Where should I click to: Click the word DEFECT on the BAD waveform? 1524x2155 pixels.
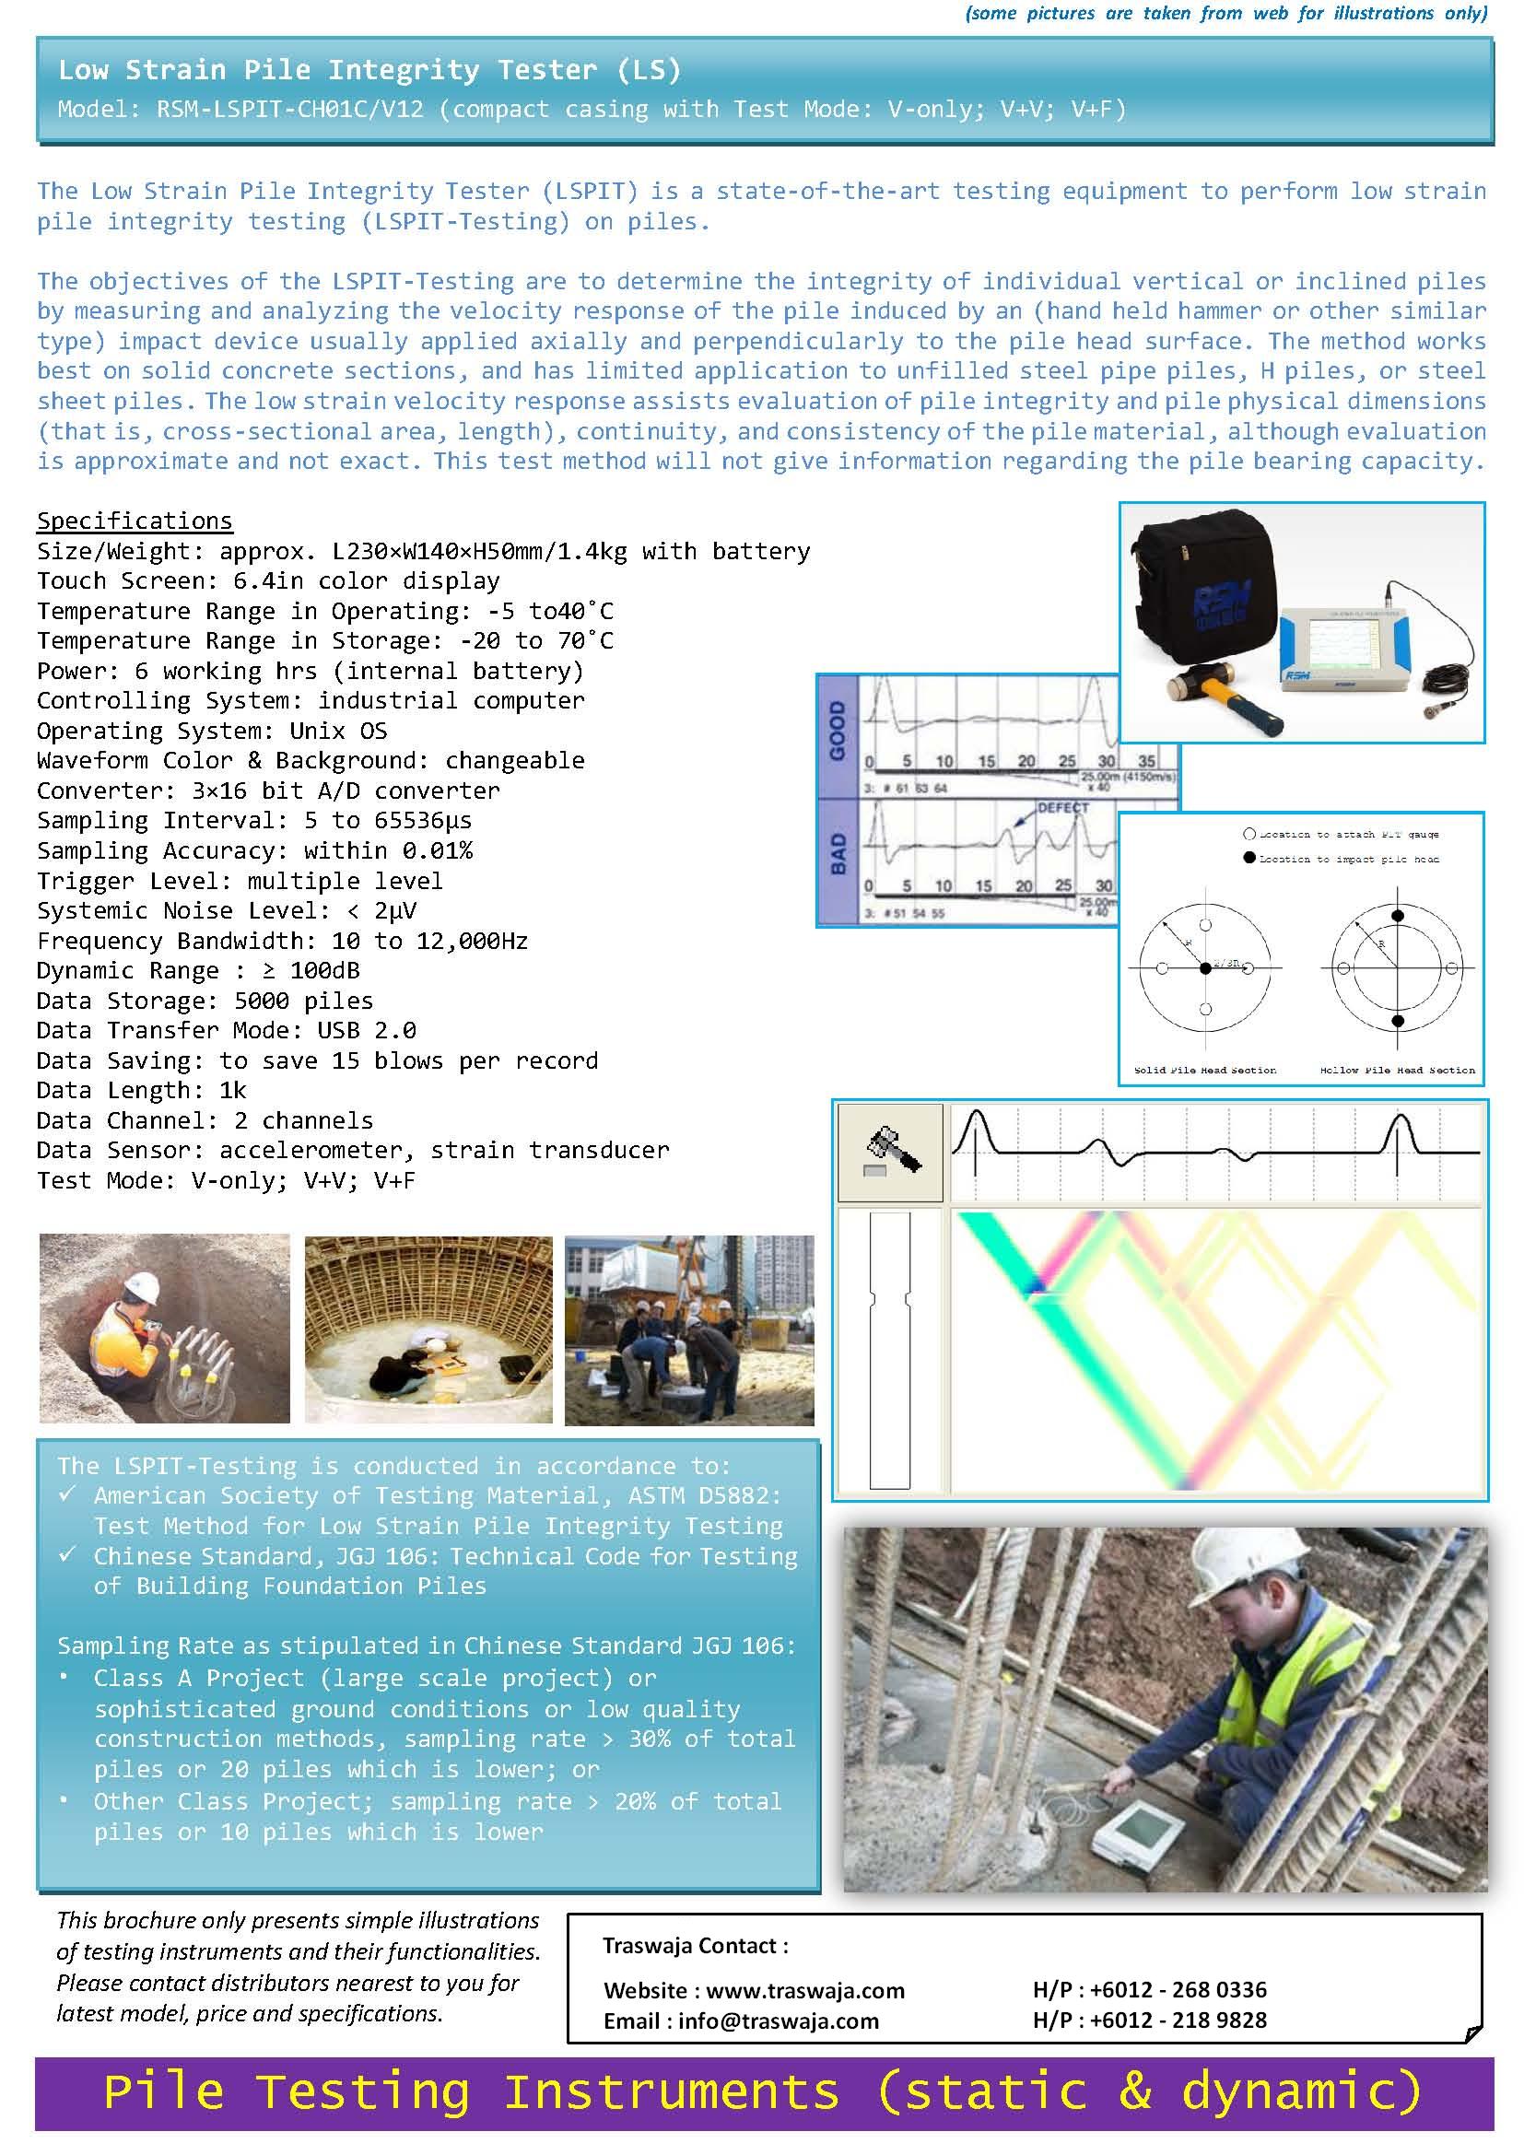pos(1062,807)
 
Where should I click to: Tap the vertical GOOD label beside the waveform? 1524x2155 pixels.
pos(837,732)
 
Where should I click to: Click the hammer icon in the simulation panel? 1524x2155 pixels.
pos(891,1152)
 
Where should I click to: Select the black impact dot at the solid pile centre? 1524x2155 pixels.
pos(1205,967)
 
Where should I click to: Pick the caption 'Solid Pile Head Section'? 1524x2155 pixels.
pos(1205,1070)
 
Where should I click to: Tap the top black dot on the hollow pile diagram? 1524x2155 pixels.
pos(1398,915)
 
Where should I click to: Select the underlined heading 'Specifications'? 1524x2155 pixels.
pos(135,521)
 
